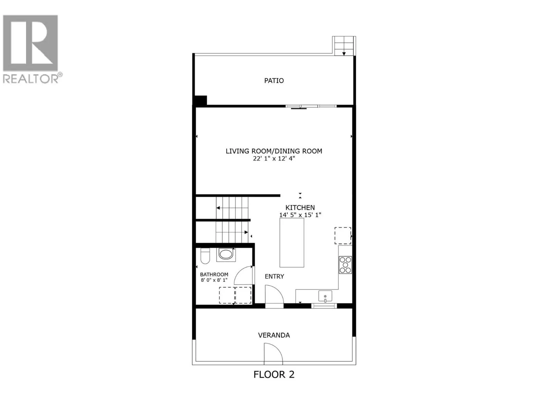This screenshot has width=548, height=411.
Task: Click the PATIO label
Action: point(274,80)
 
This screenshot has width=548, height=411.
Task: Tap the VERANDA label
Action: point(274,335)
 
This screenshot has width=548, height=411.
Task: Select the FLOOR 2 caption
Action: point(274,374)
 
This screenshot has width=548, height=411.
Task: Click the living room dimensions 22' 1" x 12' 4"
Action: point(274,159)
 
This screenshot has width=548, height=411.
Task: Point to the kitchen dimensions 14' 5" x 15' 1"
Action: point(300,215)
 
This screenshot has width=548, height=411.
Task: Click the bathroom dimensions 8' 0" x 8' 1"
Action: point(214,280)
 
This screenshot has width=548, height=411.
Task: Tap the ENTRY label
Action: point(274,276)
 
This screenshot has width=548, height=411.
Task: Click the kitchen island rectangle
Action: point(292,242)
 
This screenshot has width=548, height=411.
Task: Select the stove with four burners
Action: point(345,265)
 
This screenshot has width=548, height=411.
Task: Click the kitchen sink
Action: point(325,296)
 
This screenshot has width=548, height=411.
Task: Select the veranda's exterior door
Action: point(273,354)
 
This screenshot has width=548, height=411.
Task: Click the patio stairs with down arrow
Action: point(344,46)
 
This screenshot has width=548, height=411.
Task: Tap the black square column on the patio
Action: point(200,100)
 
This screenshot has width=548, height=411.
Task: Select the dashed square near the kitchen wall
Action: point(342,236)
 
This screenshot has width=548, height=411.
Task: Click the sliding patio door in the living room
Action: point(311,106)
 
